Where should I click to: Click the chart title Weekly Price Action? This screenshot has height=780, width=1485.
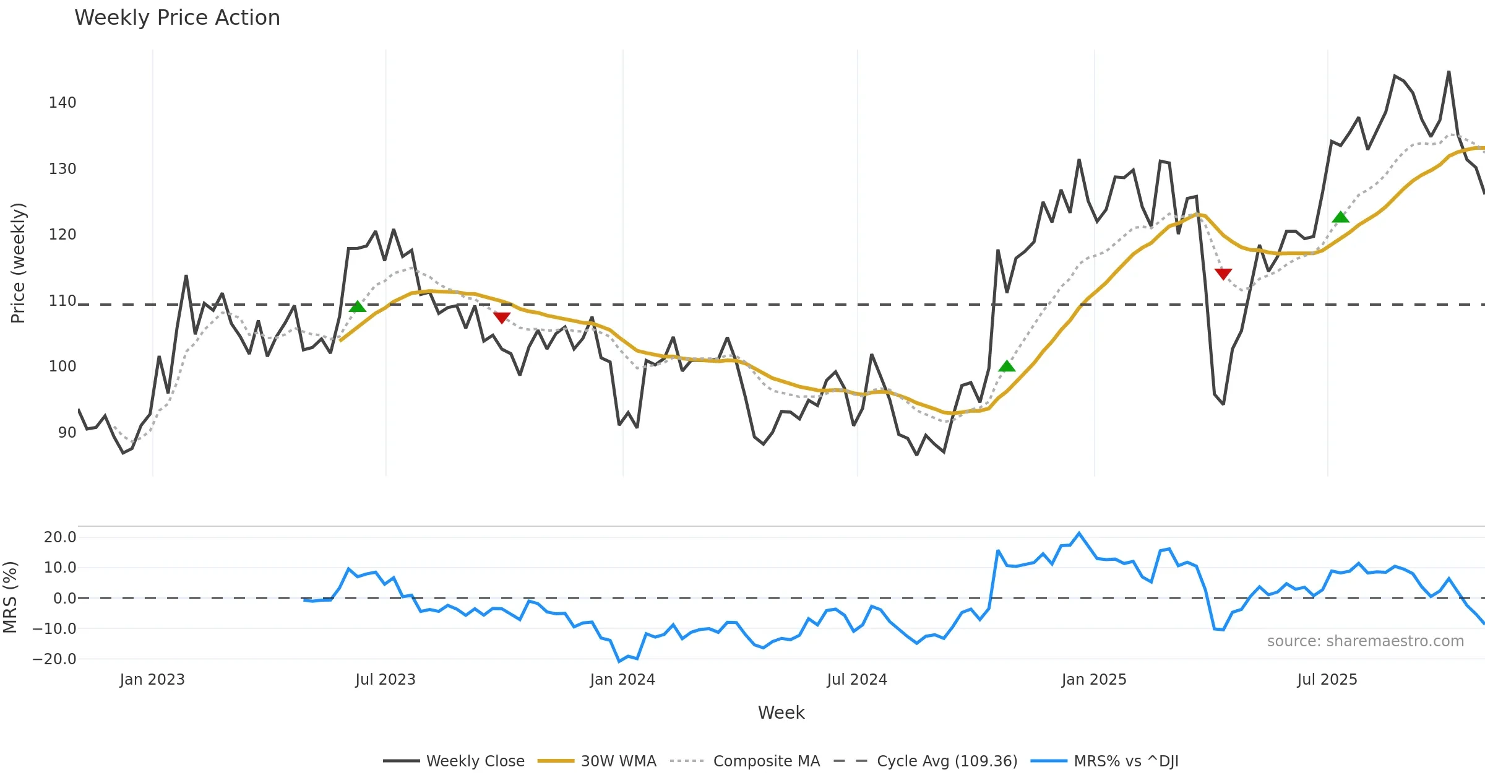pos(177,18)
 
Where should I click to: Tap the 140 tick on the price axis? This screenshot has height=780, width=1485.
pos(62,103)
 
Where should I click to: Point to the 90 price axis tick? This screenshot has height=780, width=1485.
pos(67,433)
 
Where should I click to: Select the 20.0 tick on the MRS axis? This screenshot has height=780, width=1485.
pos(60,537)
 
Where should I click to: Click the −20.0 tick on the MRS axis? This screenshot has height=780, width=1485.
pos(54,659)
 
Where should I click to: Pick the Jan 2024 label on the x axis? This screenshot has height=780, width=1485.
pos(622,680)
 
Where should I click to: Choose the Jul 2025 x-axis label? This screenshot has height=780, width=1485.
pos(1327,680)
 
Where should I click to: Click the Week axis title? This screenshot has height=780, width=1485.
pos(781,713)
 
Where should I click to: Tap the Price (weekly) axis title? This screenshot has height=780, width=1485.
pos(18,263)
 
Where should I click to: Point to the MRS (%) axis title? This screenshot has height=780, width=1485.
pos(10,597)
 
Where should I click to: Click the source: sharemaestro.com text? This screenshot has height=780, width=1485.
pos(1365,641)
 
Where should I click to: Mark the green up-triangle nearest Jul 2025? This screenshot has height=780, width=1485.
pos(1340,217)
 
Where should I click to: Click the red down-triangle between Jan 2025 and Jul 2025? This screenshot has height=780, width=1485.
pos(1223,274)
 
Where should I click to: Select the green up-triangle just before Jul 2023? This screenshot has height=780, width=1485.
pos(358,306)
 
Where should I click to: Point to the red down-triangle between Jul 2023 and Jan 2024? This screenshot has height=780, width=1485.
pos(502,318)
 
